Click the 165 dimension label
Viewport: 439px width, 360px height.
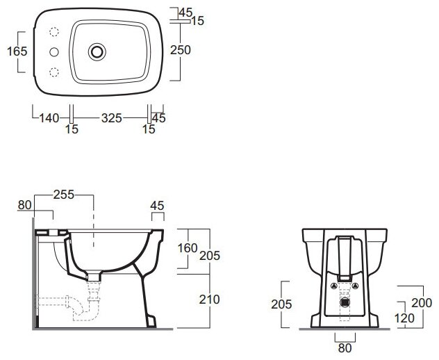[17, 51]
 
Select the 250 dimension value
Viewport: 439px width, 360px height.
[181, 50]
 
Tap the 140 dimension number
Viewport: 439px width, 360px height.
[49, 118]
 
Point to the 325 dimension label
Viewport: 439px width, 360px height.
[111, 118]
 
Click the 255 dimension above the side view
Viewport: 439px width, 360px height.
[64, 195]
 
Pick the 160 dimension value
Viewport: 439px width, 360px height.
[188, 248]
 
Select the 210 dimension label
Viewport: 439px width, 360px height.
[209, 300]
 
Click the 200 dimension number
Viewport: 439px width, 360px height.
[422, 303]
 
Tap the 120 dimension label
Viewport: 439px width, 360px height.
[404, 318]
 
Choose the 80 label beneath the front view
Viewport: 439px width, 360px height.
[345, 348]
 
